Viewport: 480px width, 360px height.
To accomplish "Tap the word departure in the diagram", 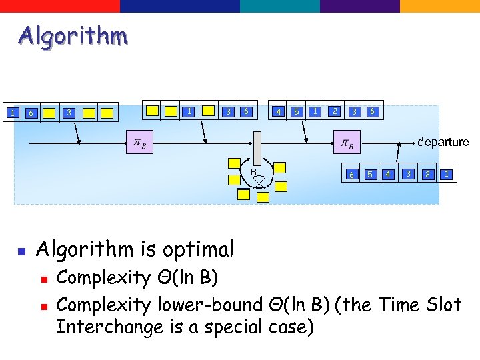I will tap(443, 142).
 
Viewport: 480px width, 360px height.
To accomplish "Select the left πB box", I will tap(140, 143).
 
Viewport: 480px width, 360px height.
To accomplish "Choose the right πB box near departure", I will tap(347, 143).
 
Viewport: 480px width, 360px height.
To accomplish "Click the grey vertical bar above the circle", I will tap(255, 147).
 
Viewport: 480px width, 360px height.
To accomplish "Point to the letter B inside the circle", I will tap(253, 173).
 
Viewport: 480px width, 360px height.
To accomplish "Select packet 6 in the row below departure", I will tap(351, 175).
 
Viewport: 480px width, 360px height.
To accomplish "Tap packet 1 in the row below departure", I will tap(446, 174).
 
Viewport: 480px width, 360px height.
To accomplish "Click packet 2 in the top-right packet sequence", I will tap(335, 111).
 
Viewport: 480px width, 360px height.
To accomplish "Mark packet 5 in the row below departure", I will tap(369, 175).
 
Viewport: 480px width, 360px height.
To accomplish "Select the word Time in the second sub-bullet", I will tap(400, 305).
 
